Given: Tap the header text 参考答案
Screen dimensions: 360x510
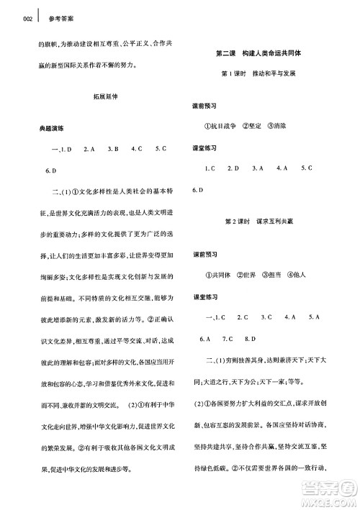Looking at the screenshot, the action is pyautogui.click(x=46, y=20).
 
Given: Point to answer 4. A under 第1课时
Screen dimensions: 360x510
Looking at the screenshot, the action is pyautogui.click(x=281, y=168).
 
